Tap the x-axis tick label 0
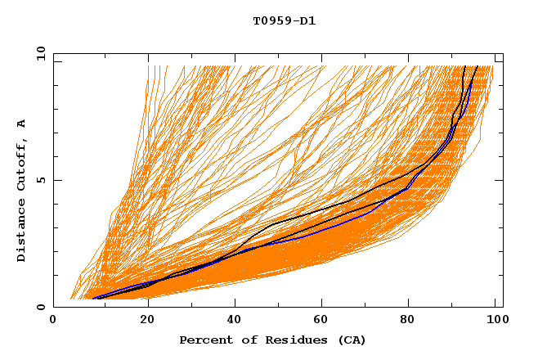(x=53, y=321)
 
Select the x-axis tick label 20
(x=142, y=321)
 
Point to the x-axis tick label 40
(x=231, y=321)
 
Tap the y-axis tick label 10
(x=39, y=53)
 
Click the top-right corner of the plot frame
(x=503, y=53)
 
